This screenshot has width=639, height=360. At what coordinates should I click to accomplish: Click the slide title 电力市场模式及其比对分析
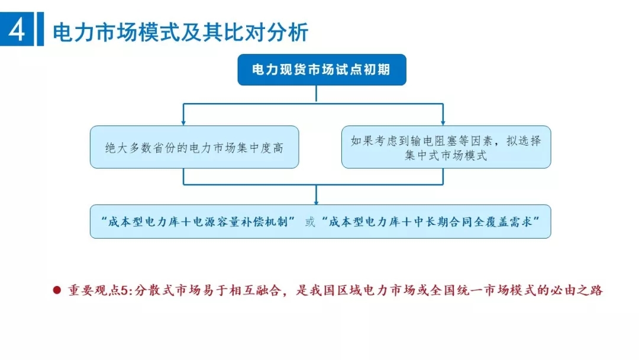point(180,32)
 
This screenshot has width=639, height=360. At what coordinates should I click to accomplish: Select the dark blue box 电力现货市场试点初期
point(321,70)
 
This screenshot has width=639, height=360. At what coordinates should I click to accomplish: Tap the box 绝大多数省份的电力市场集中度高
point(194,147)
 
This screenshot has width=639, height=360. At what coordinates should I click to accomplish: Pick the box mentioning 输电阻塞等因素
point(446,147)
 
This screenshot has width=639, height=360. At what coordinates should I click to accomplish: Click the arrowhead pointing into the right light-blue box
point(443,122)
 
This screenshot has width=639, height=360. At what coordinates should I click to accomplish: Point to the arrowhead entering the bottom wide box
point(316,201)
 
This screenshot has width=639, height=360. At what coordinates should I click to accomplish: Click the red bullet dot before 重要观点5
point(57,290)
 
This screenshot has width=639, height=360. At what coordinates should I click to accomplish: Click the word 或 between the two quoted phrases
point(310,222)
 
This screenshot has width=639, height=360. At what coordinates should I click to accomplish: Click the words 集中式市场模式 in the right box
point(446,156)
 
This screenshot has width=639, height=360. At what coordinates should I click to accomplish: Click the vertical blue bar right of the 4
point(40,30)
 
